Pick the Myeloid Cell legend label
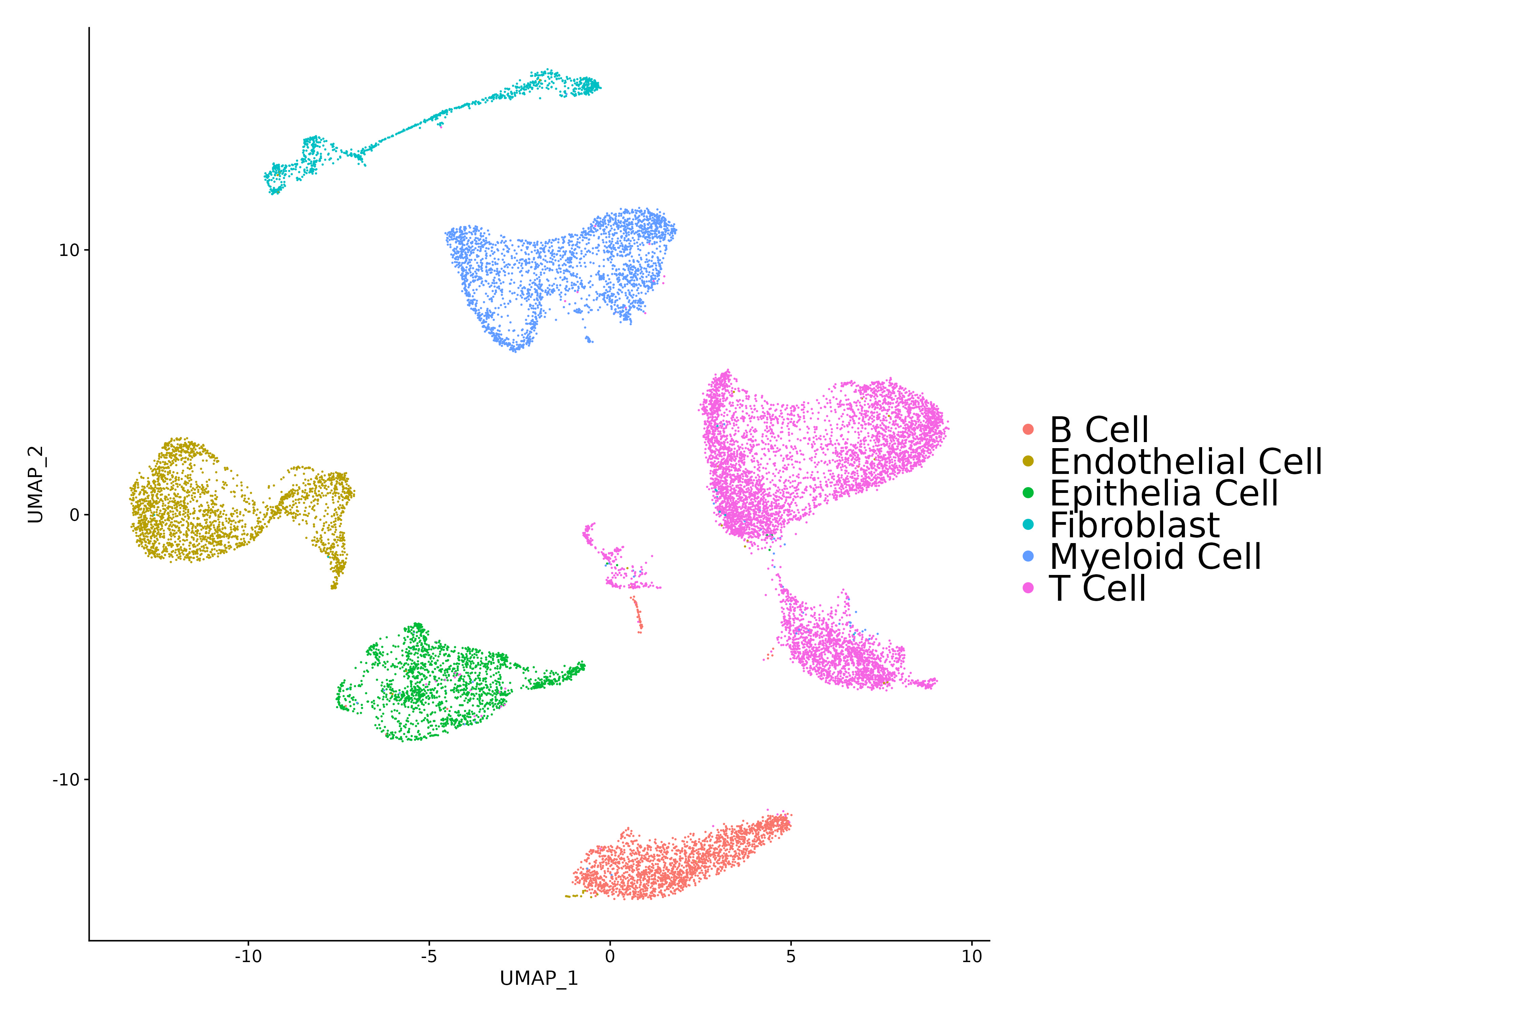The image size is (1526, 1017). [x=1155, y=557]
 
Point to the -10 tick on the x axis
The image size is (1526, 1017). [x=248, y=957]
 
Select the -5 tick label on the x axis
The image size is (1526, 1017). [x=429, y=957]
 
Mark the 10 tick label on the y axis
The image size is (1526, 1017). [x=69, y=251]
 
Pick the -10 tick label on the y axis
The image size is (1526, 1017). [x=65, y=780]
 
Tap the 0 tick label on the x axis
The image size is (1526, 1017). [x=610, y=957]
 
